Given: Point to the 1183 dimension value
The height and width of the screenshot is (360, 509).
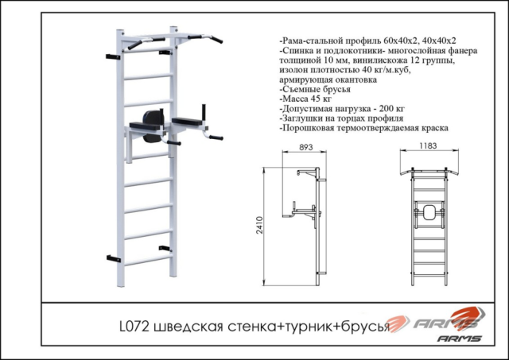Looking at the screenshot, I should click(x=430, y=146).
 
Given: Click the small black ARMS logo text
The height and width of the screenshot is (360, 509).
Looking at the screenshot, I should click(x=459, y=339).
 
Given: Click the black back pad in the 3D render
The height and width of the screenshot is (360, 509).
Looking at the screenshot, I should click(x=152, y=122).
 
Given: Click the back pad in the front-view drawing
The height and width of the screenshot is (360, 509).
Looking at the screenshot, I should click(x=430, y=213).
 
